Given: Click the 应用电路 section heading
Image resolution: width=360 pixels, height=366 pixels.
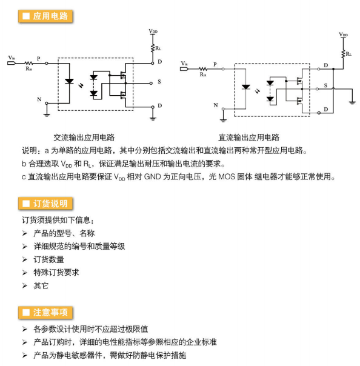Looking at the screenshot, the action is point(45,16).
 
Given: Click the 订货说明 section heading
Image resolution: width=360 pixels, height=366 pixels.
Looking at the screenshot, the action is point(45,204).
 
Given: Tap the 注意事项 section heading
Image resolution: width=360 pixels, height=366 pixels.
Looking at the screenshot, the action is point(45,312).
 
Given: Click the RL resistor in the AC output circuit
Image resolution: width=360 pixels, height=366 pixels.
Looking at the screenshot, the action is point(153,48).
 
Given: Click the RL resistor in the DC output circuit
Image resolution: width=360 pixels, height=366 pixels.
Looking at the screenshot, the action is point(343,54).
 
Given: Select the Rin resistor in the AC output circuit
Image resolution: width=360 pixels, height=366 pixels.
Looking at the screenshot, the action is point(29,63).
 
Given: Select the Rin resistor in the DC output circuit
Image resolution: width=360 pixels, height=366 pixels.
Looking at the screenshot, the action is point(203,69).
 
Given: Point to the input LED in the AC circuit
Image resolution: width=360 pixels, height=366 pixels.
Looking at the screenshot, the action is point(69,81).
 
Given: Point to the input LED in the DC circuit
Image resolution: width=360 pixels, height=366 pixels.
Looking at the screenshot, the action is point(245,87).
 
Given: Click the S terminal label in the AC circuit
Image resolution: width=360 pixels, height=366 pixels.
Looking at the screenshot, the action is point(159,82).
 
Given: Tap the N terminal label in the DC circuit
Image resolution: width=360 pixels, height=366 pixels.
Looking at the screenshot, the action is point(216,105).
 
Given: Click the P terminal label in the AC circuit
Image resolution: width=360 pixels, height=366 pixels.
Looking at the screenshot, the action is point(39,59).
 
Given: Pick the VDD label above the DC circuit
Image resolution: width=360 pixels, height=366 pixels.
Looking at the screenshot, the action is point(343,35).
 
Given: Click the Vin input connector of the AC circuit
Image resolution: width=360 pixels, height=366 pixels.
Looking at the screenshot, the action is point(12,63).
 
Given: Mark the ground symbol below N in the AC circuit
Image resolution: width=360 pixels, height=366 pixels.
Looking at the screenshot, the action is point(47,115).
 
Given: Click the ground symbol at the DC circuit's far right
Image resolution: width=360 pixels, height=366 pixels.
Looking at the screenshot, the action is point(352,102).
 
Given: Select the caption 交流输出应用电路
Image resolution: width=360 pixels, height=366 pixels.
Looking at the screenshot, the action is point(84,138).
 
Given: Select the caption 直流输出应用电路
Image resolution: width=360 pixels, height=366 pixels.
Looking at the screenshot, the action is point(249,138).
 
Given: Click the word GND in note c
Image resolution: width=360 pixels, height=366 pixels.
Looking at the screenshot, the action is point(153,177).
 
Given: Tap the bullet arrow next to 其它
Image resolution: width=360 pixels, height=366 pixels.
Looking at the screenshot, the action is point(25,285).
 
